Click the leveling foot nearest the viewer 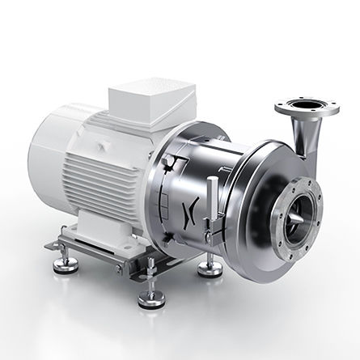coord(152,297)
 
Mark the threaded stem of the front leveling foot coord(152,283)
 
